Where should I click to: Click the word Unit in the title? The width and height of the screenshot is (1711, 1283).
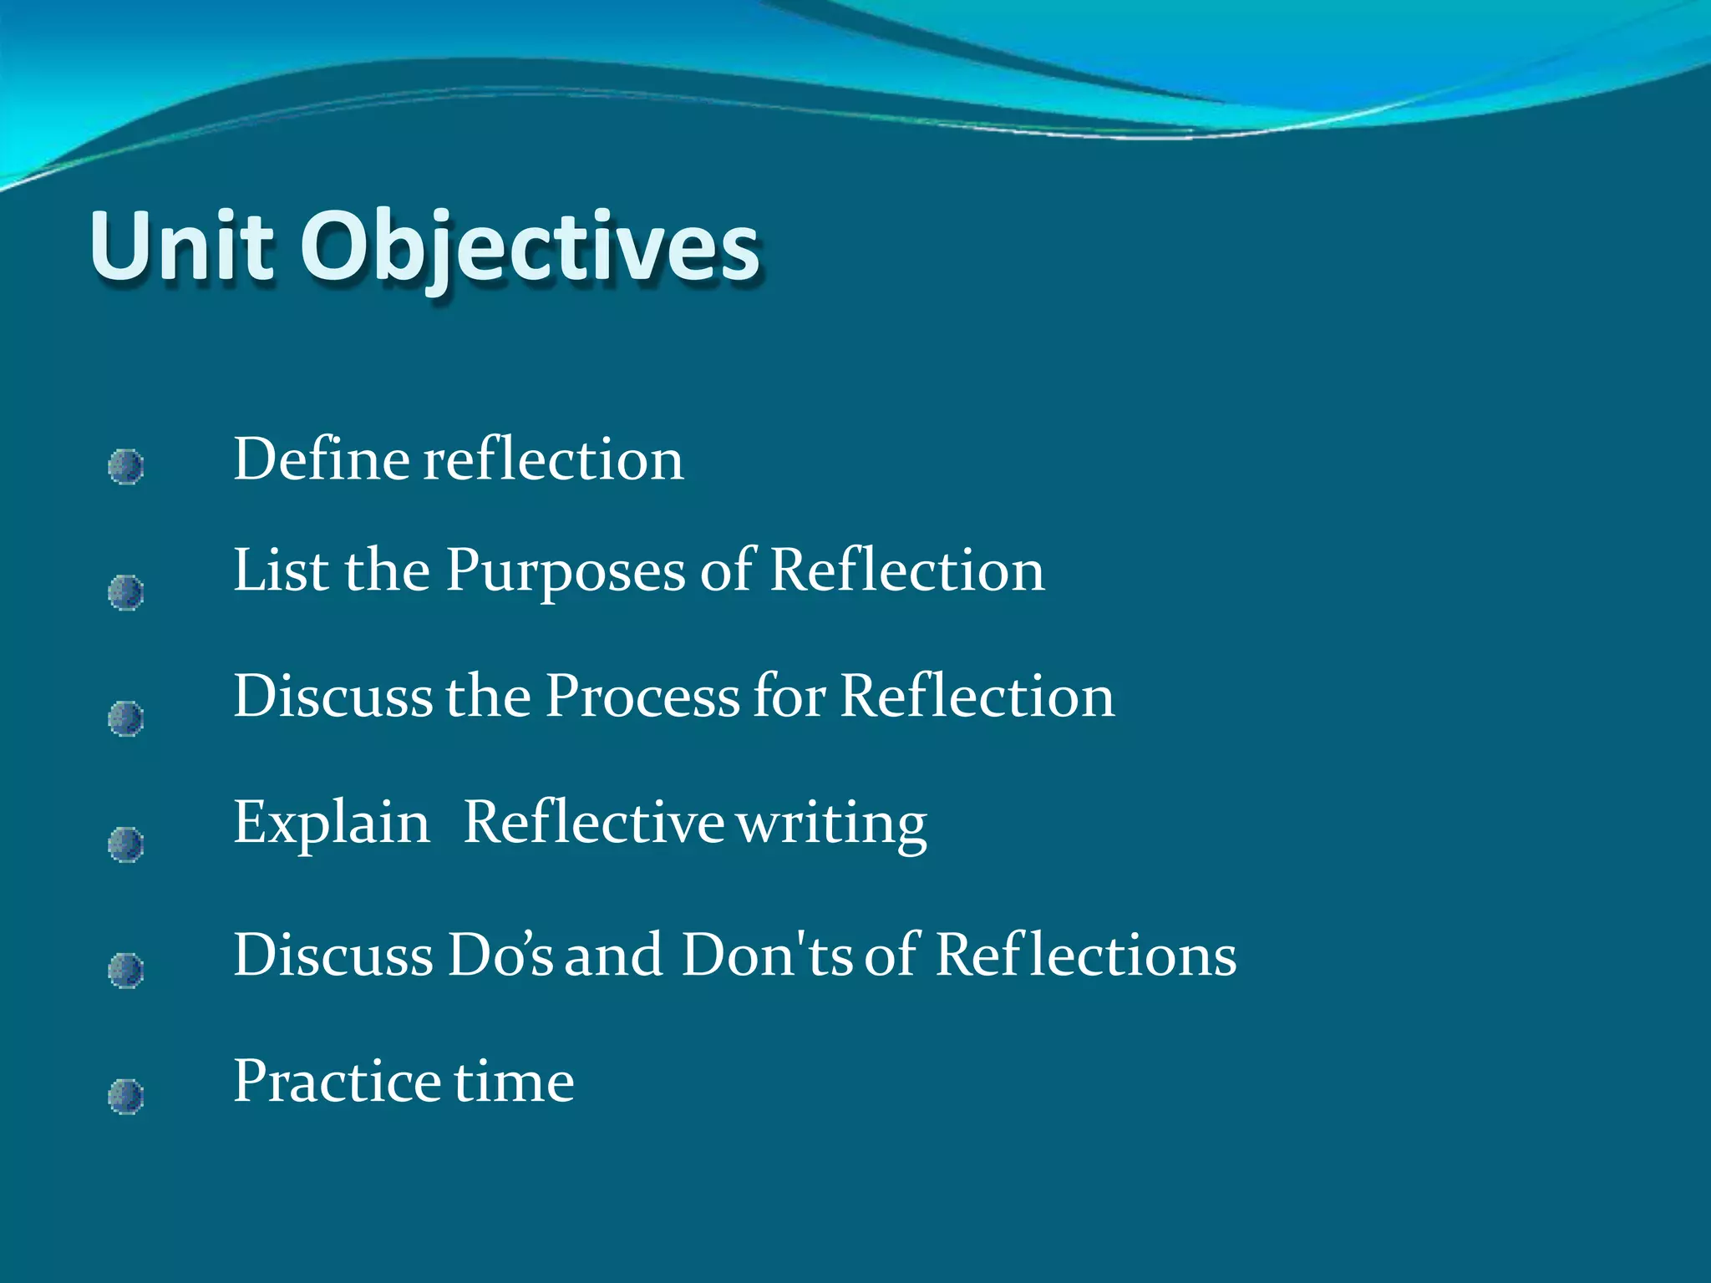181,246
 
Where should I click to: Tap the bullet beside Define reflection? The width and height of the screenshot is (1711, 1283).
126,467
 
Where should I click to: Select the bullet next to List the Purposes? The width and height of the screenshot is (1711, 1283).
126,592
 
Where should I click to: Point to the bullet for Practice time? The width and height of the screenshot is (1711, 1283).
126,1096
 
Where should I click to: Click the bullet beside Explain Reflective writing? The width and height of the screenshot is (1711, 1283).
126,844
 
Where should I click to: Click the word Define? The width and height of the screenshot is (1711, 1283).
322,459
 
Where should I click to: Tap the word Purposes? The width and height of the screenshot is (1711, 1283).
565,572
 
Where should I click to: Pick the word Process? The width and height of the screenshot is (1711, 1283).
642,696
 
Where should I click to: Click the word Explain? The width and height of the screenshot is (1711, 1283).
331,824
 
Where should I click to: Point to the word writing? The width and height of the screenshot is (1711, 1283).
831,824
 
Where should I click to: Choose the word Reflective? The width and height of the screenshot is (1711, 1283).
593,823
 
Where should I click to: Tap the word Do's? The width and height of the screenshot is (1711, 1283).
500,955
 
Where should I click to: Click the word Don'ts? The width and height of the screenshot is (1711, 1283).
766,955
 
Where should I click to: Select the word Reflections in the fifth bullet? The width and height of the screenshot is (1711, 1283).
1085,955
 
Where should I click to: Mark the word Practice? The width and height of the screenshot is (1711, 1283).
337,1082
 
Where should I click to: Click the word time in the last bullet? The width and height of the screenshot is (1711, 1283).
514,1082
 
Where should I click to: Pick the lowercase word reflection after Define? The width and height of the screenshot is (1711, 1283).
553,459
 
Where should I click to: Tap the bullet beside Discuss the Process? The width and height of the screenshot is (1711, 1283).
126,718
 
